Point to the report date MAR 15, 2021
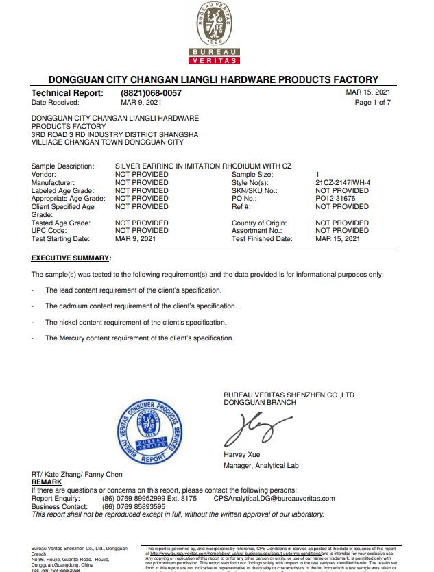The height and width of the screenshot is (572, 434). [368, 92]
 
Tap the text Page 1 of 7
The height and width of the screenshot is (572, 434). [372, 103]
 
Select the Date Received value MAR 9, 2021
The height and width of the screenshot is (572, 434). [141, 103]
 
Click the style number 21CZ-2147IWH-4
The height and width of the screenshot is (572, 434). [343, 182]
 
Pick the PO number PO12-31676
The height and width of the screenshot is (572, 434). [335, 199]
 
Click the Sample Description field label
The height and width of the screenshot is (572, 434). [62, 166]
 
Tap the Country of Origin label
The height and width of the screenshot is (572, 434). [259, 223]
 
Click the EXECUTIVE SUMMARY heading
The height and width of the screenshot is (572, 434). [71, 258]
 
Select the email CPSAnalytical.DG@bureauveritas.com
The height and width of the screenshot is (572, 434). [274, 499]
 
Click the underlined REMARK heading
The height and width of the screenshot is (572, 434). [47, 482]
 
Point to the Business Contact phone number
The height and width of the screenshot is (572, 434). [134, 506]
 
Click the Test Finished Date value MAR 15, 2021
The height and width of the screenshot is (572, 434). [338, 239]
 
